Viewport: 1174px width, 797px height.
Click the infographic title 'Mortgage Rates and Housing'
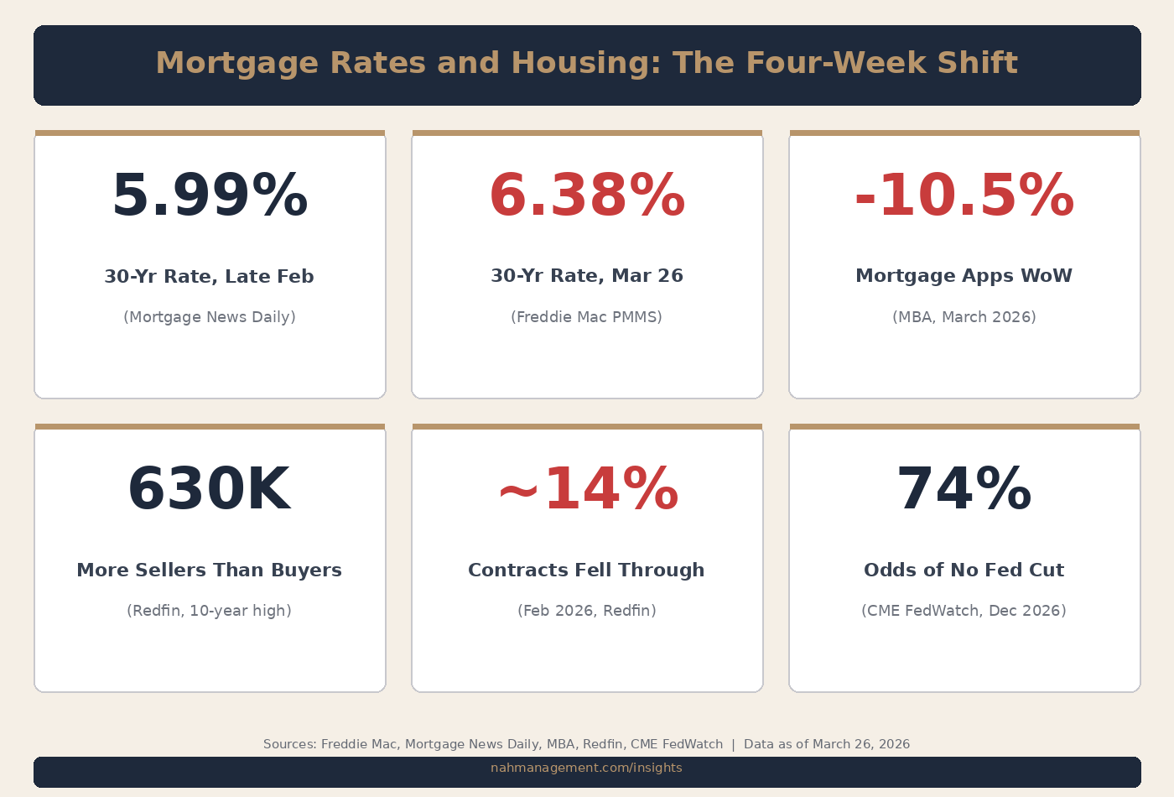(x=586, y=64)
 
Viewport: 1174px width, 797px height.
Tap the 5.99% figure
(x=210, y=196)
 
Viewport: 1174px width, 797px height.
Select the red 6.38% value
(x=587, y=196)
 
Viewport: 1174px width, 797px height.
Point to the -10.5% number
(x=964, y=196)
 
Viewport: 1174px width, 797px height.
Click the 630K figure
(x=210, y=490)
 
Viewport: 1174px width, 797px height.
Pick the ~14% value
(x=587, y=490)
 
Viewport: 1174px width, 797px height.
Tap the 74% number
(x=964, y=490)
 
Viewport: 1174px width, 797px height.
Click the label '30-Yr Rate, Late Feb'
(x=210, y=277)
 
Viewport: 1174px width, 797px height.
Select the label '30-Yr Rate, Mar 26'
(x=587, y=276)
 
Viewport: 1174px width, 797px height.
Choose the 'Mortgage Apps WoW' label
(x=964, y=276)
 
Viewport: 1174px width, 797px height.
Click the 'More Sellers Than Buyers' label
(x=210, y=570)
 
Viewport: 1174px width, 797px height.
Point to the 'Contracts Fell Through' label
(x=587, y=570)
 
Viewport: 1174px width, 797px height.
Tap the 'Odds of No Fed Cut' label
(x=964, y=570)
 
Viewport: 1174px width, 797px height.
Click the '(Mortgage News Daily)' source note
(x=210, y=317)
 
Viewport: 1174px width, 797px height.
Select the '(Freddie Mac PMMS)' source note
(x=587, y=317)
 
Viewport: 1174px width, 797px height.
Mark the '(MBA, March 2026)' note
(x=964, y=317)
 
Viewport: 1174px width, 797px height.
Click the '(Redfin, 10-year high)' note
(x=210, y=611)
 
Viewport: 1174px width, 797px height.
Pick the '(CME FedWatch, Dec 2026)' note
(x=964, y=611)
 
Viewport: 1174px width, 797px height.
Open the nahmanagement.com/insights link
(x=586, y=768)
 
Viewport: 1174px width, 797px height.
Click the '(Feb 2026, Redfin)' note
(x=587, y=611)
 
